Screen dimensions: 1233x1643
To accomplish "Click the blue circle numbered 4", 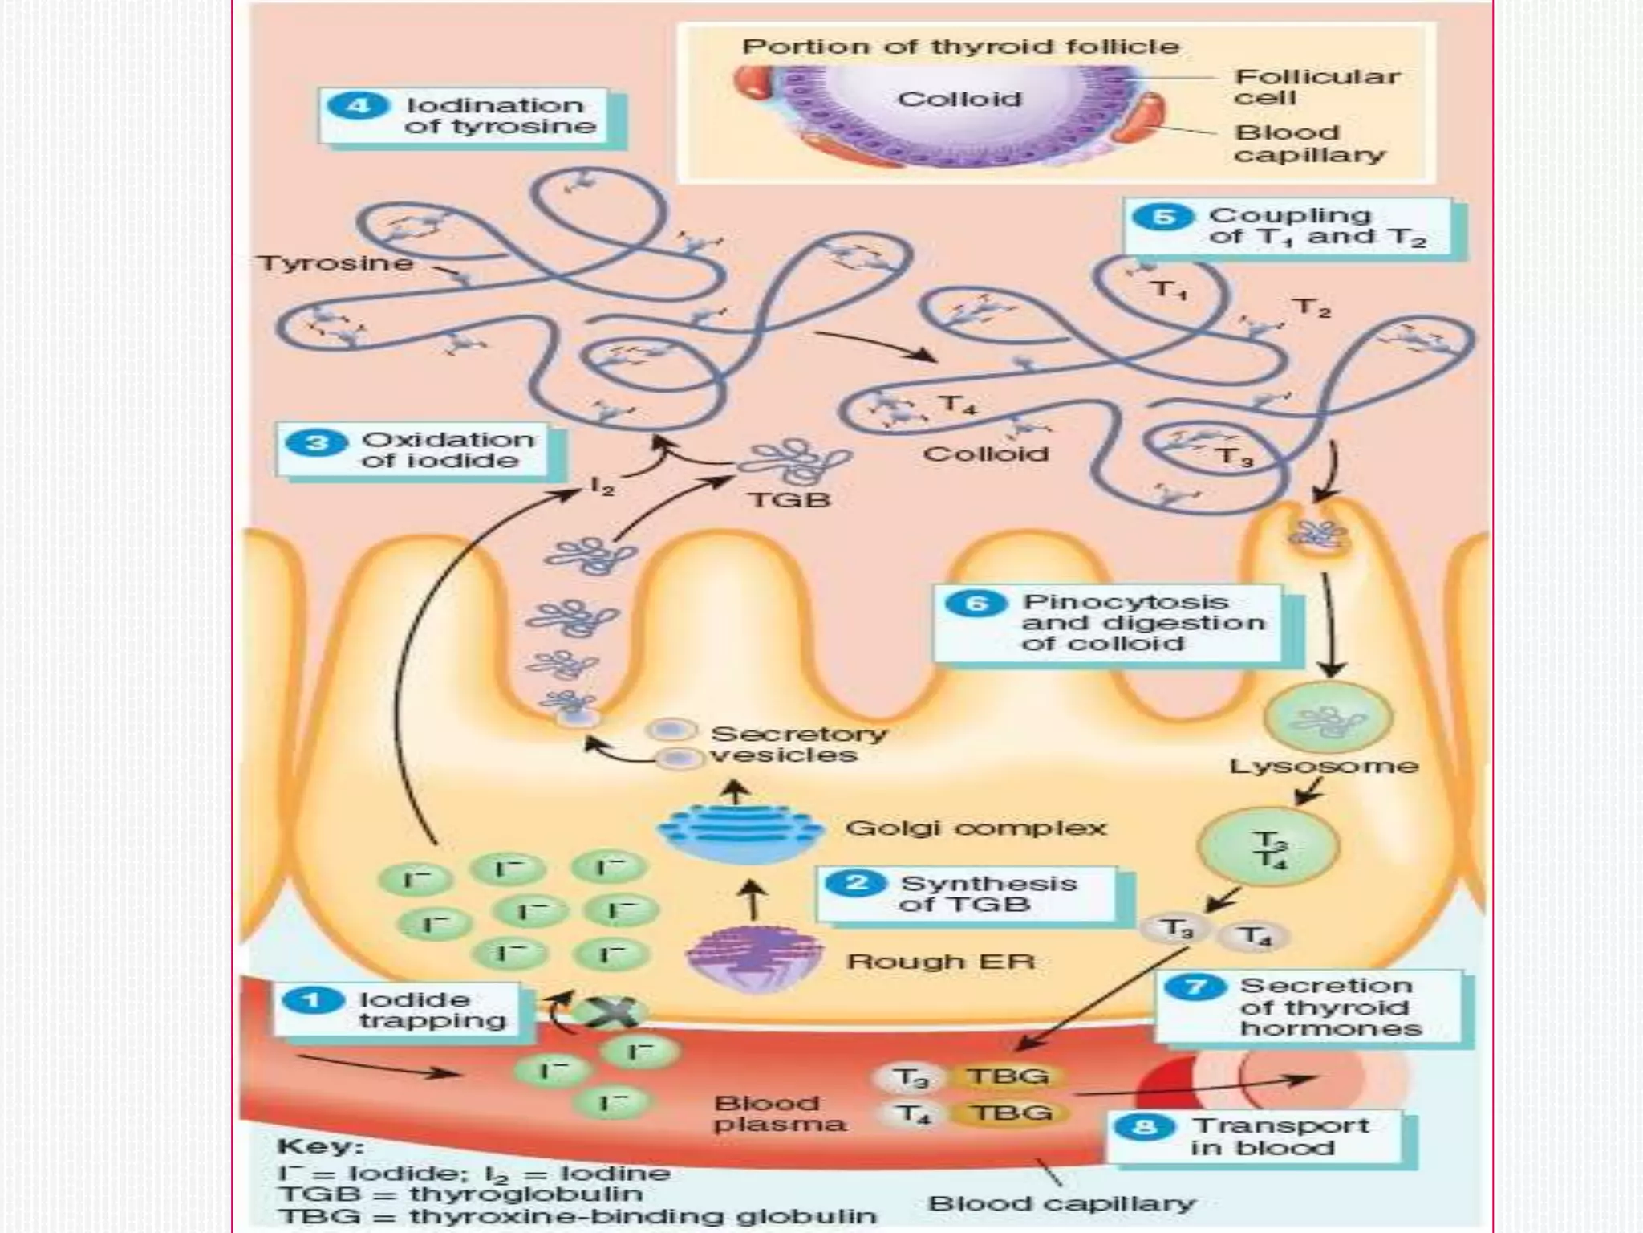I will click(358, 106).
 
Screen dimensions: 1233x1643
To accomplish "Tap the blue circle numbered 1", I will click(312, 1000).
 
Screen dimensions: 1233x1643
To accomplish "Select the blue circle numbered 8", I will click(1145, 1127).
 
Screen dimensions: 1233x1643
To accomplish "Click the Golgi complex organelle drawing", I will click(739, 828).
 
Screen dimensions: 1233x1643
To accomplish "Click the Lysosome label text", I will click(1324, 766).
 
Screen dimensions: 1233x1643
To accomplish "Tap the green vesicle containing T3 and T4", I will click(1268, 848).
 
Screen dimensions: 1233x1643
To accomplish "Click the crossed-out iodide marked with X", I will click(606, 1013).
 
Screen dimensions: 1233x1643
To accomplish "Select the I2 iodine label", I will click(602, 486).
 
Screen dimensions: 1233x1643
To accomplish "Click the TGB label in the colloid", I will click(789, 500).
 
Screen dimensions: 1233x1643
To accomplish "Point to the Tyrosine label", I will click(335, 263).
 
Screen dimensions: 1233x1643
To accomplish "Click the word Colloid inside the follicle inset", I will click(959, 100).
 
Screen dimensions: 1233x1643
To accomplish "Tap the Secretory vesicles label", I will click(797, 744).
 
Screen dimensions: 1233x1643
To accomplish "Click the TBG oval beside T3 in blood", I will click(1008, 1076).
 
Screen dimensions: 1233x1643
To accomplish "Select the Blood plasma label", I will click(778, 1113).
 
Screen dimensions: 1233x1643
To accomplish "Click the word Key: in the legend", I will click(320, 1146).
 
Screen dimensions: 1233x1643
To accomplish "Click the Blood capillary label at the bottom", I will click(1061, 1203).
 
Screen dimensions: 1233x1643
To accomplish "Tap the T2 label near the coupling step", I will click(1311, 307).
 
